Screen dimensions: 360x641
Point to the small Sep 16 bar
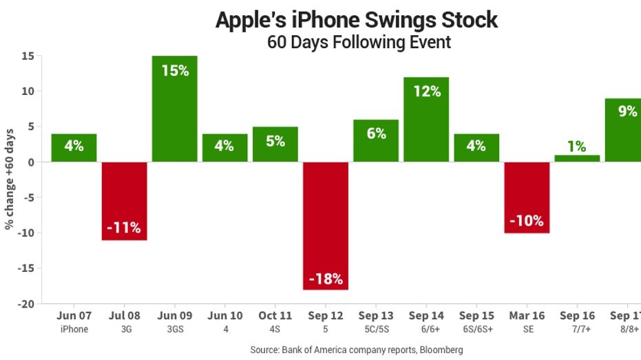coord(577,158)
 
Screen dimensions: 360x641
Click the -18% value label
coord(326,279)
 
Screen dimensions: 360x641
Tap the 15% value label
coord(175,70)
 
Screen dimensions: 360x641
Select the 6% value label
coord(376,134)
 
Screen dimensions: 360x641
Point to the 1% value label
coord(577,146)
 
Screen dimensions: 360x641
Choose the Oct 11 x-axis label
coord(275,316)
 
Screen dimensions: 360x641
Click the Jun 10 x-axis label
coord(224,316)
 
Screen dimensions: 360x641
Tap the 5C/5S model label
coord(376,329)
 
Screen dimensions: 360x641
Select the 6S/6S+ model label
coord(476,329)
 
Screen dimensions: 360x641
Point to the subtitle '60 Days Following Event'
coord(359,42)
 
